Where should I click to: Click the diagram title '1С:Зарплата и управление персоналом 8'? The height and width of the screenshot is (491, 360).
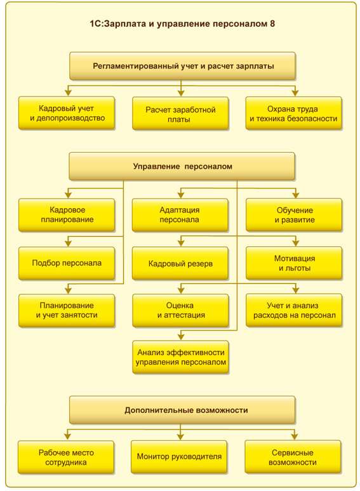pyautogui.click(x=182, y=24)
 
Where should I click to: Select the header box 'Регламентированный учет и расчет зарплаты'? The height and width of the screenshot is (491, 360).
pyautogui.click(x=182, y=66)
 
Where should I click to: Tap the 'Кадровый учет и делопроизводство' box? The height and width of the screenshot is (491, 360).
pyautogui.click(x=67, y=113)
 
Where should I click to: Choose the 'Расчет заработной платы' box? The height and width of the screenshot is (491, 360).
pyautogui.click(x=180, y=114)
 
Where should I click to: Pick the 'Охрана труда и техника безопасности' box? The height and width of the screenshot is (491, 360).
pyautogui.click(x=293, y=113)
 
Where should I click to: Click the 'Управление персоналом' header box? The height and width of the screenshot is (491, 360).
pyautogui.click(x=182, y=166)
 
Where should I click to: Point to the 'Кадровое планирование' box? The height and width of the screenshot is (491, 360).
pyautogui.click(x=67, y=215)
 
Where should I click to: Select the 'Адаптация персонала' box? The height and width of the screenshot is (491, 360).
pyautogui.click(x=180, y=215)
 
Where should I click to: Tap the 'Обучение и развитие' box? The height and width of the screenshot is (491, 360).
pyautogui.click(x=294, y=215)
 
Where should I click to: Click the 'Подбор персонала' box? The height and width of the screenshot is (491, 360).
pyautogui.click(x=67, y=263)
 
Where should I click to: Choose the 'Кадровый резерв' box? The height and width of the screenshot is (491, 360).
pyautogui.click(x=180, y=263)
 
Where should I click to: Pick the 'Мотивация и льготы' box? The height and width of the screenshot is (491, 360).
pyautogui.click(x=294, y=263)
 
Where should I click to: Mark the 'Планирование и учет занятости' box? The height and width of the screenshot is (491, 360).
pyautogui.click(x=67, y=310)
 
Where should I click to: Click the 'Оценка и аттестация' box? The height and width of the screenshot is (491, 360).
pyautogui.click(x=180, y=310)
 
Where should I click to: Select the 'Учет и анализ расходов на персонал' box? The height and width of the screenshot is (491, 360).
pyautogui.click(x=294, y=310)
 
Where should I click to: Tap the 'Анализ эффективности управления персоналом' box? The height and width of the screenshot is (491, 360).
pyautogui.click(x=181, y=357)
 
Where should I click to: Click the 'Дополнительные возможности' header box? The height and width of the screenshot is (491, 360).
pyautogui.click(x=182, y=410)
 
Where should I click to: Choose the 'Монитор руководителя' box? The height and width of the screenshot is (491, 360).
pyautogui.click(x=179, y=457)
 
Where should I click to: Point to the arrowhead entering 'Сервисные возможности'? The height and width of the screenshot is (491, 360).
pyautogui.click(x=294, y=436)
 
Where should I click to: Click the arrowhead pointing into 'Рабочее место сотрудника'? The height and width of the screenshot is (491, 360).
pyautogui.click(x=67, y=436)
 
